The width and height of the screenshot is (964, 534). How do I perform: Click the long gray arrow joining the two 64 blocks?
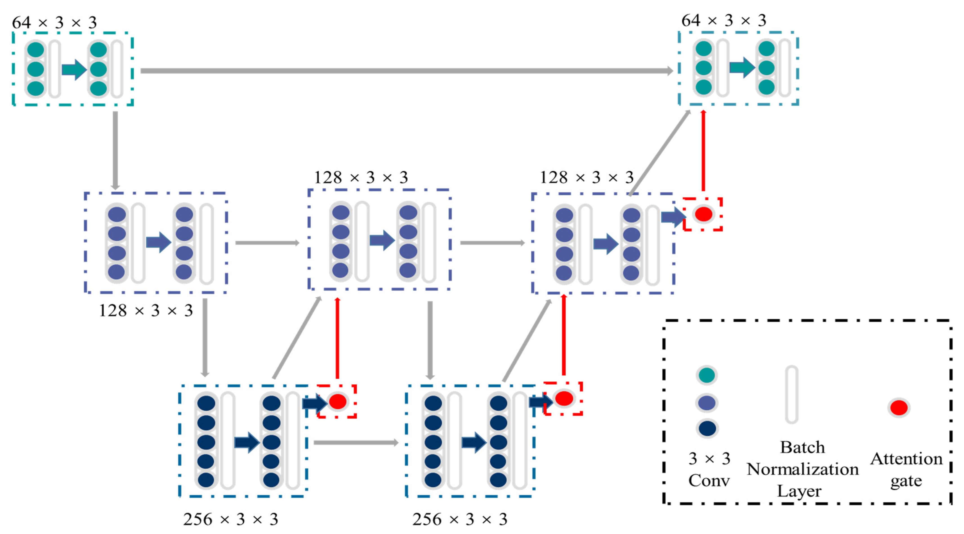point(406,71)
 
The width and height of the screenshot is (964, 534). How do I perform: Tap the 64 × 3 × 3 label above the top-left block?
point(55,22)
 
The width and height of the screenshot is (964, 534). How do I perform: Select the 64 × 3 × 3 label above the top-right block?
point(724,20)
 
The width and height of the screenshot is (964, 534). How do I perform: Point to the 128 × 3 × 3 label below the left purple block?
point(146,310)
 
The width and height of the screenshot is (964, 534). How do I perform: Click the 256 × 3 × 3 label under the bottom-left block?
point(230,519)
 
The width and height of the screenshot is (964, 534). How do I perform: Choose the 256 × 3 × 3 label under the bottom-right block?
point(460,519)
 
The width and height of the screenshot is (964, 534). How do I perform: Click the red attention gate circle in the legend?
point(899,407)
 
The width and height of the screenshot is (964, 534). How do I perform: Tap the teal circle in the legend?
point(707,375)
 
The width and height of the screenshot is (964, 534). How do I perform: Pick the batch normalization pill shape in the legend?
point(792,395)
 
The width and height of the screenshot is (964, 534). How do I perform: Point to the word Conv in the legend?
point(709,480)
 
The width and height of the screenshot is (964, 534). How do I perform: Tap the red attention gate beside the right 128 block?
point(703,214)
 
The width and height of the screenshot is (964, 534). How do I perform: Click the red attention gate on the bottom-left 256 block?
point(337,402)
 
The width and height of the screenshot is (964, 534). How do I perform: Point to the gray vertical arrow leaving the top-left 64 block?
point(115,150)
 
